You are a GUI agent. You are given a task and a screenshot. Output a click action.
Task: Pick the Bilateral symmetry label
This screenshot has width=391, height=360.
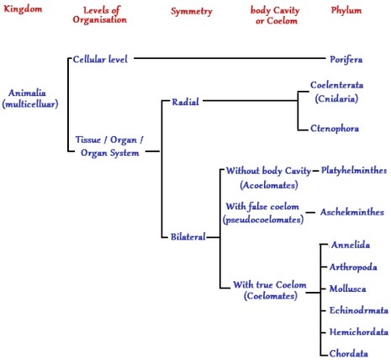[183, 237]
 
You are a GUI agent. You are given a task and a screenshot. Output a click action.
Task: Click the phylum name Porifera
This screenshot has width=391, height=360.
[352, 60]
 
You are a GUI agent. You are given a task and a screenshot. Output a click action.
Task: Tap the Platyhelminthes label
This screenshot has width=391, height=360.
[354, 170]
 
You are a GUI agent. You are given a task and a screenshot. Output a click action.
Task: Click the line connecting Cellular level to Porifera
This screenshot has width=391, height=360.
[227, 59]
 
